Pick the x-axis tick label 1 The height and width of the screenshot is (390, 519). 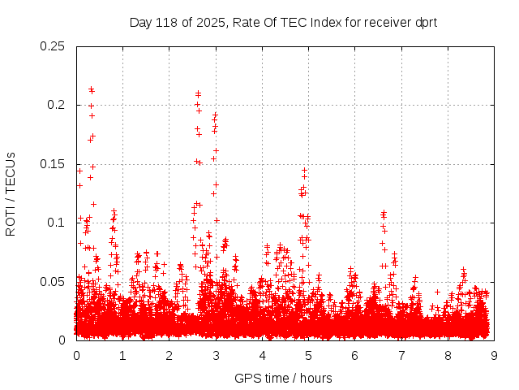click(122, 355)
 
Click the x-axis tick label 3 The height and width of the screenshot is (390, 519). click(216, 355)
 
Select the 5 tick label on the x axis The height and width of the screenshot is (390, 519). click(308, 355)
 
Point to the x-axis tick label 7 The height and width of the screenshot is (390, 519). click(401, 355)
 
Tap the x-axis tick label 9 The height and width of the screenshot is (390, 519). click(494, 355)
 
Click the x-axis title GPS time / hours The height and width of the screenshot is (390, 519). click(283, 378)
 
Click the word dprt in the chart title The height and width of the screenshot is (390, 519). click(424, 22)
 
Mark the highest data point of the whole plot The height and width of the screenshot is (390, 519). click(92, 89)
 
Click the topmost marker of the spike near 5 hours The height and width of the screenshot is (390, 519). click(304, 170)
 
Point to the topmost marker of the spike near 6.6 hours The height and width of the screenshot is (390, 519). click(384, 212)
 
